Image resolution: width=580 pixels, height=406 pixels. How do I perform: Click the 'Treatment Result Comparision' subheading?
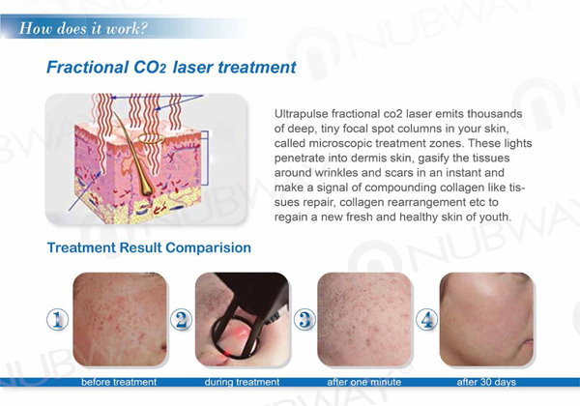[x=150, y=248]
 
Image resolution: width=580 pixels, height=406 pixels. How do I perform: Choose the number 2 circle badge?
[x=180, y=321]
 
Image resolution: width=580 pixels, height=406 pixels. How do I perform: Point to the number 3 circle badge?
[x=304, y=321]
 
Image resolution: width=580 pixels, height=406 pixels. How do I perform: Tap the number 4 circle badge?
[x=426, y=321]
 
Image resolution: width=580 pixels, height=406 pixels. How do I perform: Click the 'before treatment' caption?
[x=119, y=383]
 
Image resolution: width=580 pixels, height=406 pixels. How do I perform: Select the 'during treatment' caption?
[x=242, y=383]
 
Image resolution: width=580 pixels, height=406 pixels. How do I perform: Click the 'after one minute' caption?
[x=365, y=383]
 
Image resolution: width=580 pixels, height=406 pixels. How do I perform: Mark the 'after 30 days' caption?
[x=485, y=383]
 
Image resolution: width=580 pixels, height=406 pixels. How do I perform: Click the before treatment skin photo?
[x=120, y=320]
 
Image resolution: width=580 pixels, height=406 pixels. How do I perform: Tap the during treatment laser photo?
[x=242, y=320]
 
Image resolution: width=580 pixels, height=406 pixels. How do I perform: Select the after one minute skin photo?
[x=365, y=320]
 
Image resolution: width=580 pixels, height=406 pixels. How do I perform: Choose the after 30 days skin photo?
[x=486, y=320]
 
